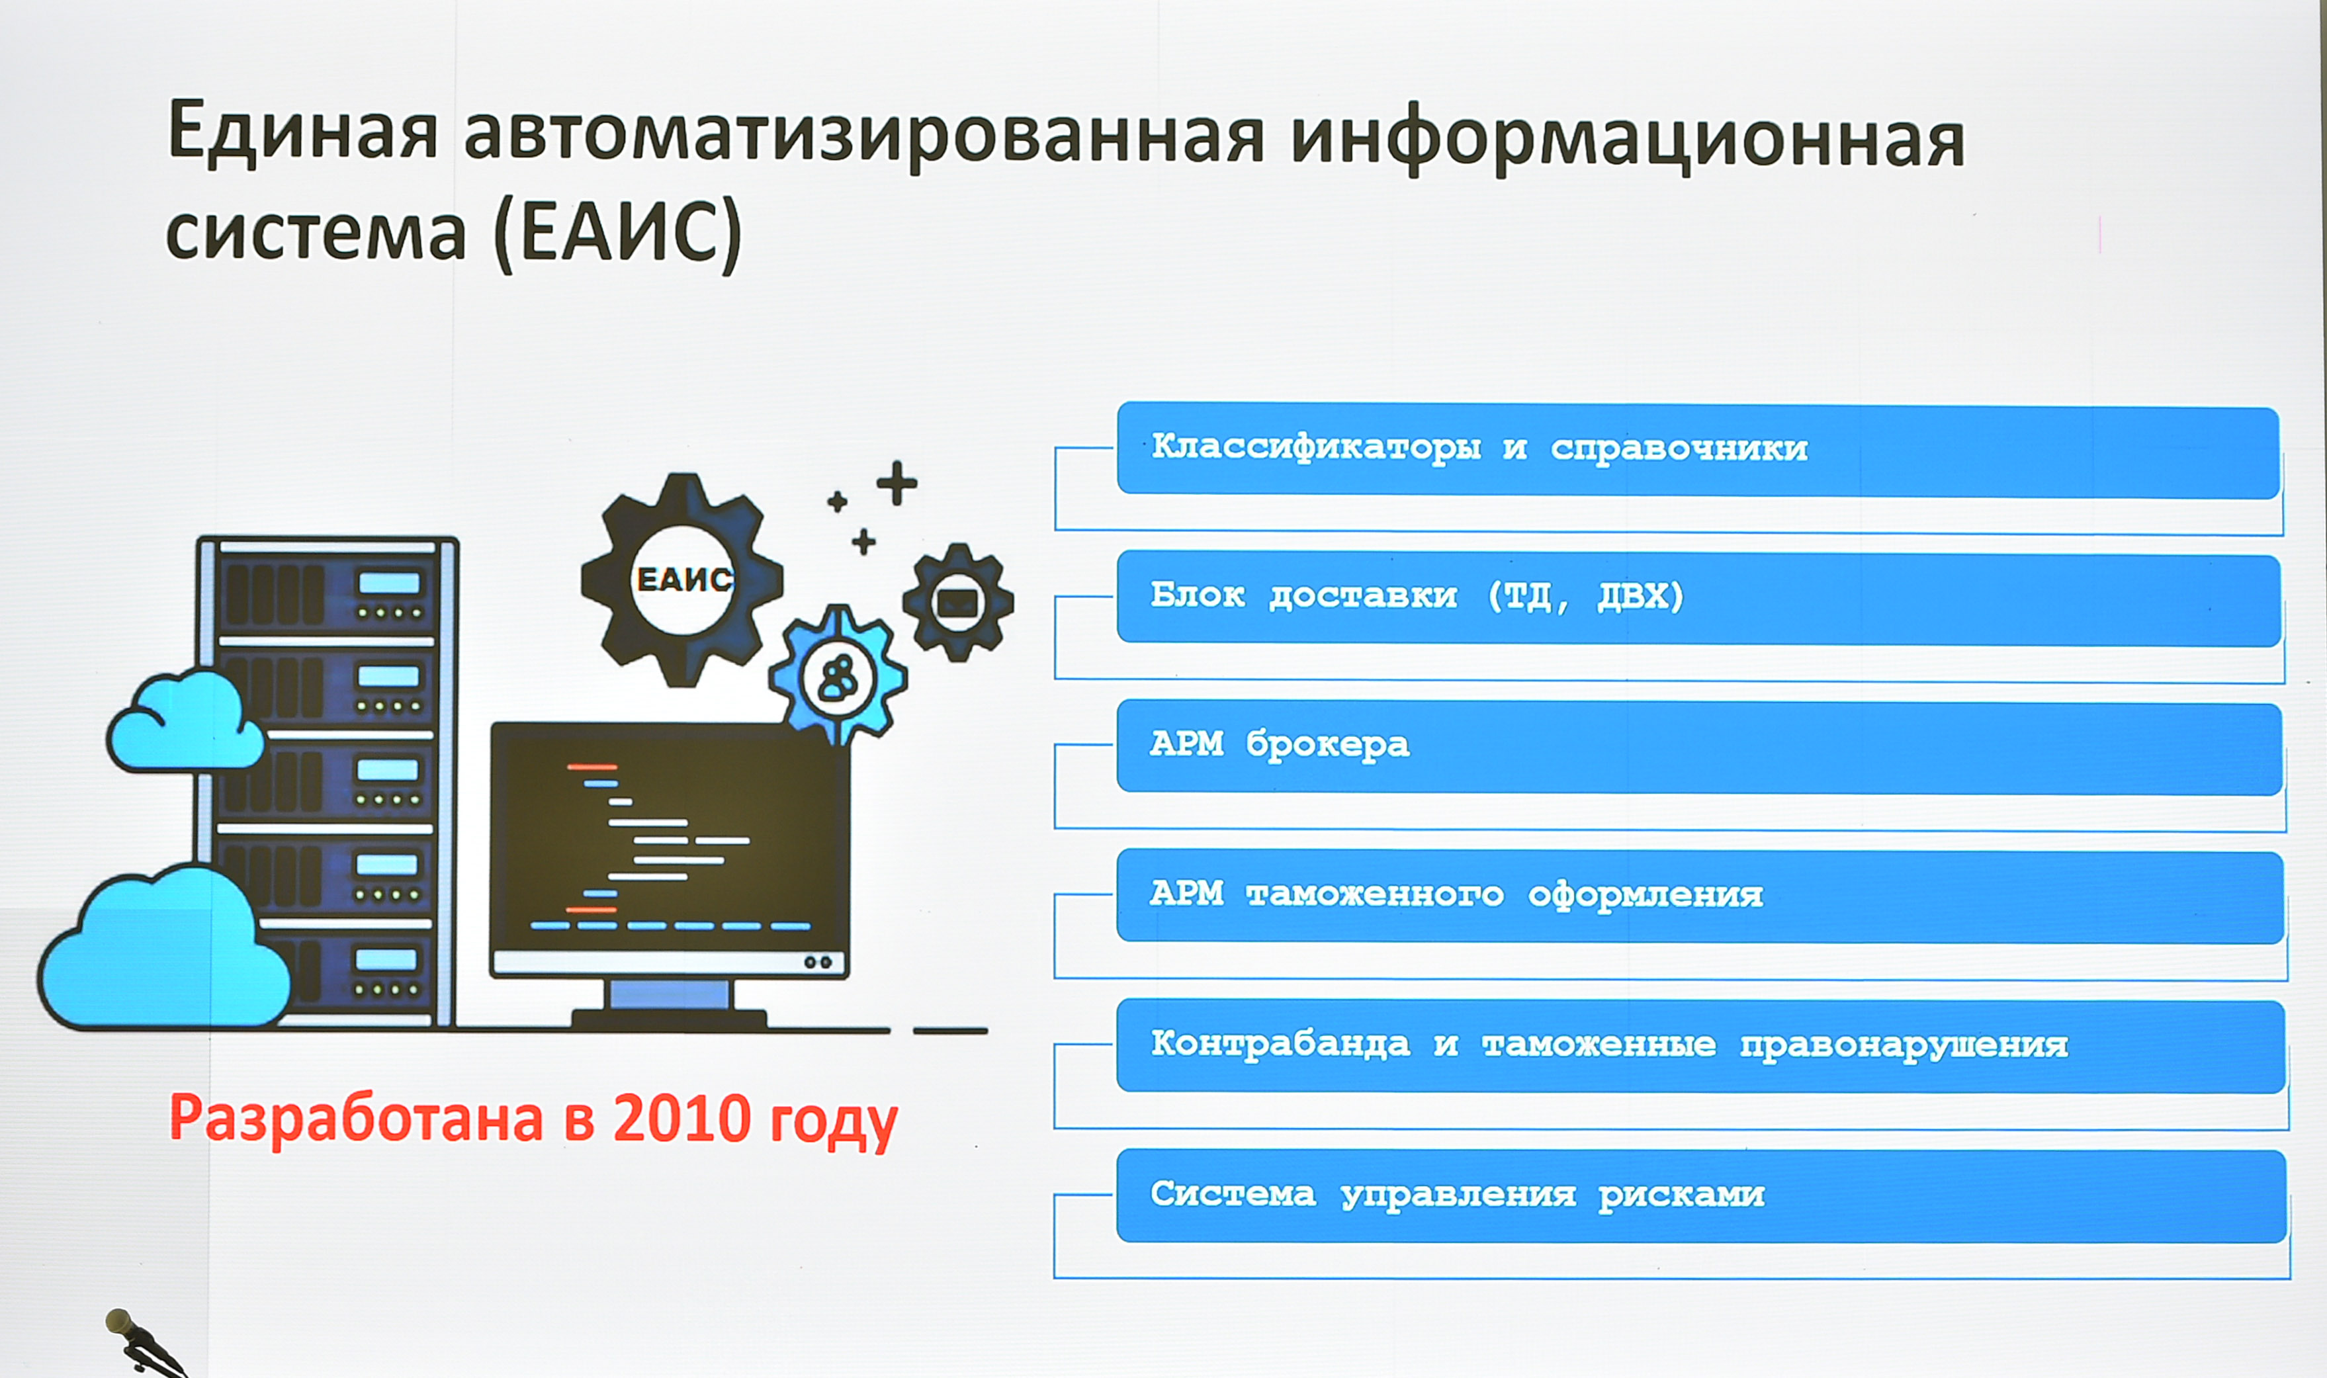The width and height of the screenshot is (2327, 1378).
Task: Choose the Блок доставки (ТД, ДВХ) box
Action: tap(1698, 598)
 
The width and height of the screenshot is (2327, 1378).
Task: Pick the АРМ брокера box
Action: tap(1698, 748)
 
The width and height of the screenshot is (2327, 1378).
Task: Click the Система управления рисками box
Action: tap(1700, 1196)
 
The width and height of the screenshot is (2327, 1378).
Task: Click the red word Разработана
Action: tap(356, 1121)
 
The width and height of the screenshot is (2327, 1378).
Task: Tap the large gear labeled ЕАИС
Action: tap(683, 580)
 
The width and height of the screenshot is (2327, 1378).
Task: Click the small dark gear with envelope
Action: tap(957, 603)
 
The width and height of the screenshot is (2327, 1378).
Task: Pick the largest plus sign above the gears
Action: tap(897, 483)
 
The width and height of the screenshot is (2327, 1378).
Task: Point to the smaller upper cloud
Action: tap(186, 720)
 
